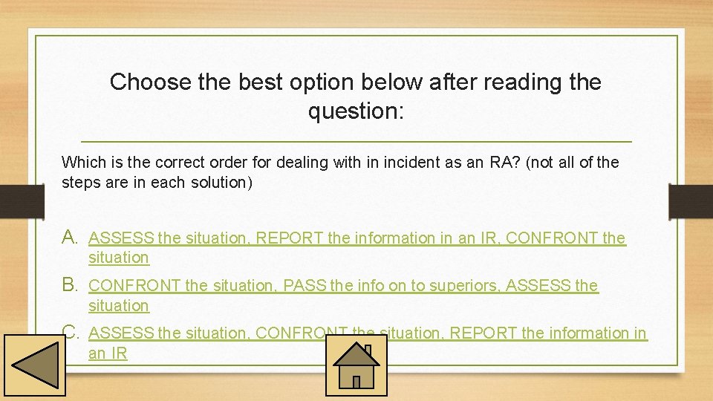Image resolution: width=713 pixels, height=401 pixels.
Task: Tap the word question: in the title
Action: click(x=356, y=111)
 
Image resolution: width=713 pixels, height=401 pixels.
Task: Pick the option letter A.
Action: click(x=71, y=238)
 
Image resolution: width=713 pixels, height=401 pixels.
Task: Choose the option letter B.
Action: click(x=71, y=284)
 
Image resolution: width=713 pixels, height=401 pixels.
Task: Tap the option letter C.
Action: click(x=71, y=333)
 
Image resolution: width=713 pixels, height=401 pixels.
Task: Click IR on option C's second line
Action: click(x=119, y=353)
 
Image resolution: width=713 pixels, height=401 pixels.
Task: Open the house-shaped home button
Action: click(x=356, y=365)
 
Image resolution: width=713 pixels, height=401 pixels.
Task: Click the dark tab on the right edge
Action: click(x=690, y=201)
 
